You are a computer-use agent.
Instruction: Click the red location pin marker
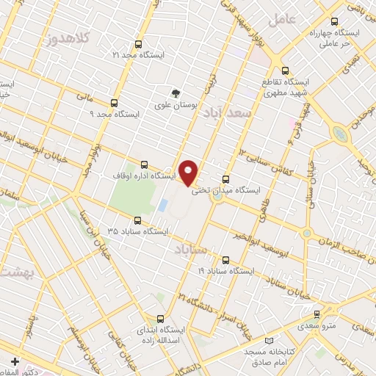coord(189,173)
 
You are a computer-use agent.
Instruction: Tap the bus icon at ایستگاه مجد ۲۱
coord(140,45)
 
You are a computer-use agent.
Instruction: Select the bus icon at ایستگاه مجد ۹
coord(114,104)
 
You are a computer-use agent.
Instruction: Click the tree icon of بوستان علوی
coord(175,93)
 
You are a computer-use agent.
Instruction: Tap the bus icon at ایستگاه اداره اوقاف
coord(143,165)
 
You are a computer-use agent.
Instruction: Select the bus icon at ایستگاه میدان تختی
coord(225,178)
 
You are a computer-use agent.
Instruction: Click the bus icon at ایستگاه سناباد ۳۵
coord(137,220)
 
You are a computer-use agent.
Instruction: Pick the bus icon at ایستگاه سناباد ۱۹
coord(225,259)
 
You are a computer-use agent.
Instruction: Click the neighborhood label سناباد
coord(193,252)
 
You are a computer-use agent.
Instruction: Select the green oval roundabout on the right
coord(339,134)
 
